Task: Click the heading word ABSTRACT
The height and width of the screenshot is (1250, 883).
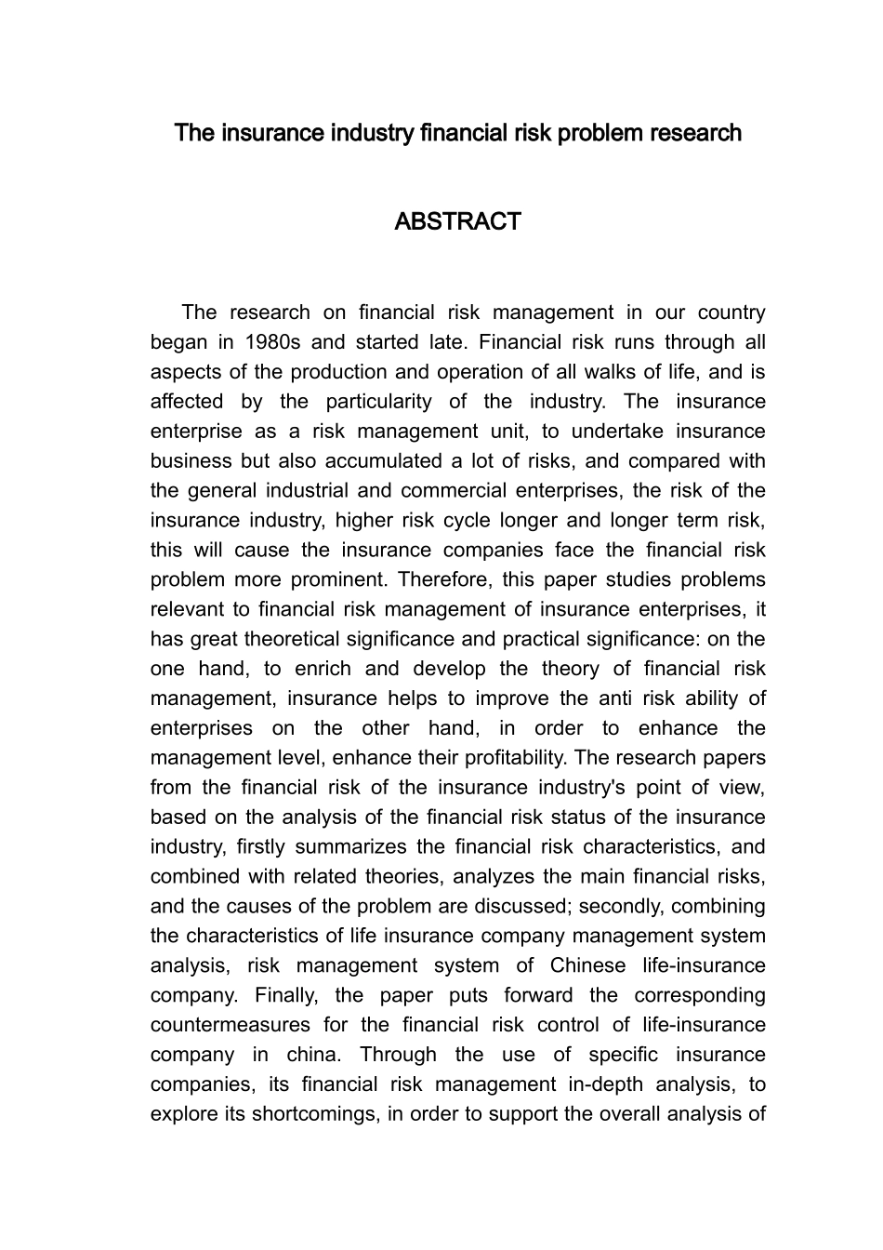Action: coord(457,222)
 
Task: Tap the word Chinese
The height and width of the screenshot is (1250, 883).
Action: coord(584,966)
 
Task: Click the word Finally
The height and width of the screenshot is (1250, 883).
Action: coord(287,996)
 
